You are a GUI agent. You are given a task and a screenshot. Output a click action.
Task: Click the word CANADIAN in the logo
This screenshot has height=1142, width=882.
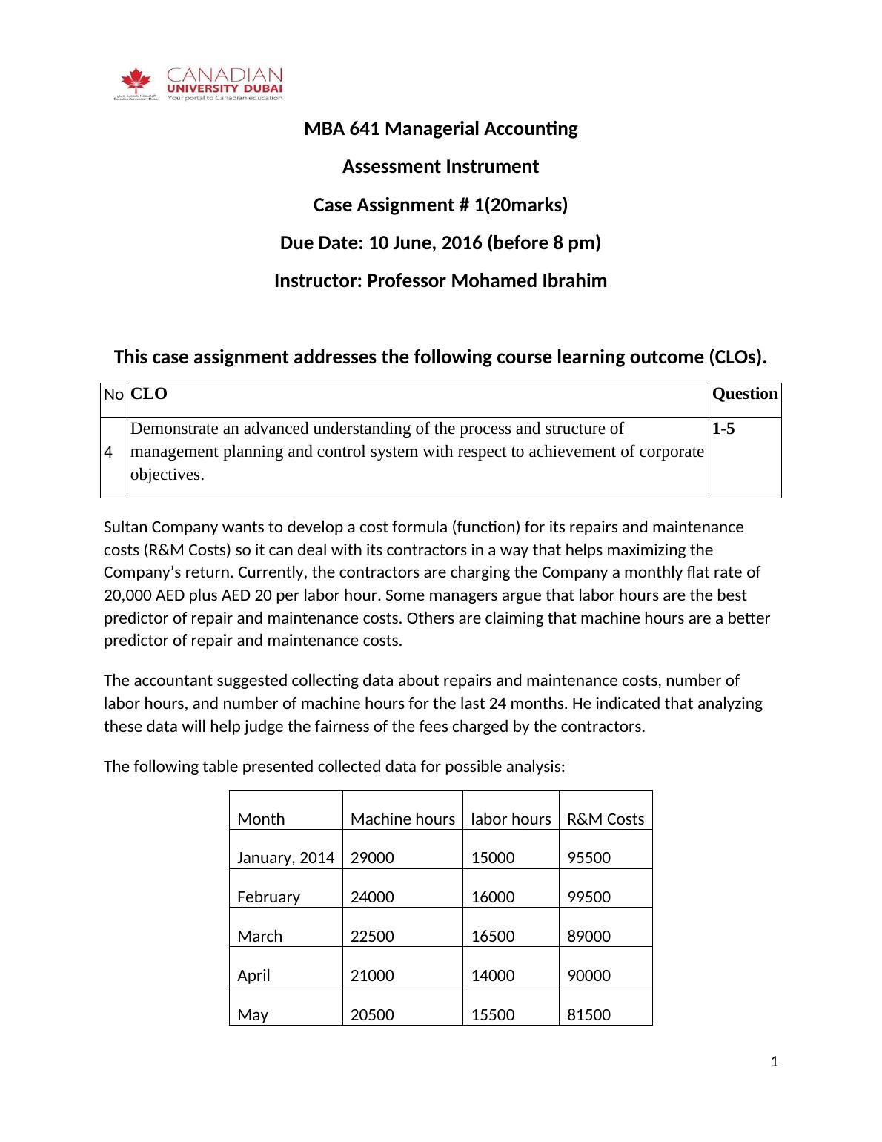[225, 75]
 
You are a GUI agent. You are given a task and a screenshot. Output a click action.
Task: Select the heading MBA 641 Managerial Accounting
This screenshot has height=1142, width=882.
[440, 129]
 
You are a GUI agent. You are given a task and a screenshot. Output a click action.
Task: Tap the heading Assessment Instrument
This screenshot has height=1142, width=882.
[440, 167]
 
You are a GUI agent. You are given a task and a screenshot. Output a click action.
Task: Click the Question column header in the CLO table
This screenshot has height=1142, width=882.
[744, 394]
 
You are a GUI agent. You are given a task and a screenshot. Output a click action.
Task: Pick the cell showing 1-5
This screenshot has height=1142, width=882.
[723, 429]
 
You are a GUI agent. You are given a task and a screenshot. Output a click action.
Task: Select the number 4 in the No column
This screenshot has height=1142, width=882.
[109, 452]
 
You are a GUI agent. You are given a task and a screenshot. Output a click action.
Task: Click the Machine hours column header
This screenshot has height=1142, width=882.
[402, 819]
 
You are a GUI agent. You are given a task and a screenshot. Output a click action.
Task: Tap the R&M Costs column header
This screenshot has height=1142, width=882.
[606, 819]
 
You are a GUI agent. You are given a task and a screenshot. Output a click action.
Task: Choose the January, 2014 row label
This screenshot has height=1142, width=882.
[285, 858]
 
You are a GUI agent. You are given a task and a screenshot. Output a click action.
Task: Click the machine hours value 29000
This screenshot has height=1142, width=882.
[372, 858]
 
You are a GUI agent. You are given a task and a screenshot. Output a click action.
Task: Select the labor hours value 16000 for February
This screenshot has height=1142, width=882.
[493, 897]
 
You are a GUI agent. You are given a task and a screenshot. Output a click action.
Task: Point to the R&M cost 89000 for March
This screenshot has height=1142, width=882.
[588, 937]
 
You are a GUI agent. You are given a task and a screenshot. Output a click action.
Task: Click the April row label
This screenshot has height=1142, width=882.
[253, 976]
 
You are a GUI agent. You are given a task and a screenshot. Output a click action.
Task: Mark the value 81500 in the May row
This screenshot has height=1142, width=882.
[588, 1015]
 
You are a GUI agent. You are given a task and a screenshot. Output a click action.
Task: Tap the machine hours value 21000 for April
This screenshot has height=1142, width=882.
[372, 976]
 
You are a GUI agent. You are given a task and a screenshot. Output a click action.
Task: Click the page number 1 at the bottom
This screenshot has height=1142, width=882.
[775, 1063]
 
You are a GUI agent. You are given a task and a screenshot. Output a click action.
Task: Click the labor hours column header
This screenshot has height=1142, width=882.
[511, 819]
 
